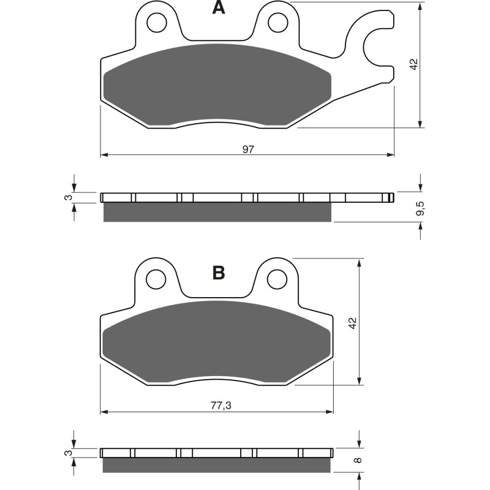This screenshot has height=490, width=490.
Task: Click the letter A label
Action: [x=218, y=8]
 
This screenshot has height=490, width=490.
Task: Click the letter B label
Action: [x=218, y=273]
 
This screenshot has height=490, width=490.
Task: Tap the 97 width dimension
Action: [x=247, y=149]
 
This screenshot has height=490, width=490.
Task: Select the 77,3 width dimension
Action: [x=217, y=405]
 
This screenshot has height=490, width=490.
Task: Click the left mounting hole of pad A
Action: [x=156, y=23]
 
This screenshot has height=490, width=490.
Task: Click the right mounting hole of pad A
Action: [x=279, y=23]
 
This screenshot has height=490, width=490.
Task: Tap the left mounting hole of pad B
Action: [x=156, y=279]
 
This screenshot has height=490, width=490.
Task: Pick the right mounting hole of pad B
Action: [x=279, y=279]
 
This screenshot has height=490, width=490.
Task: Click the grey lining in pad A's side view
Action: [x=217, y=212]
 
